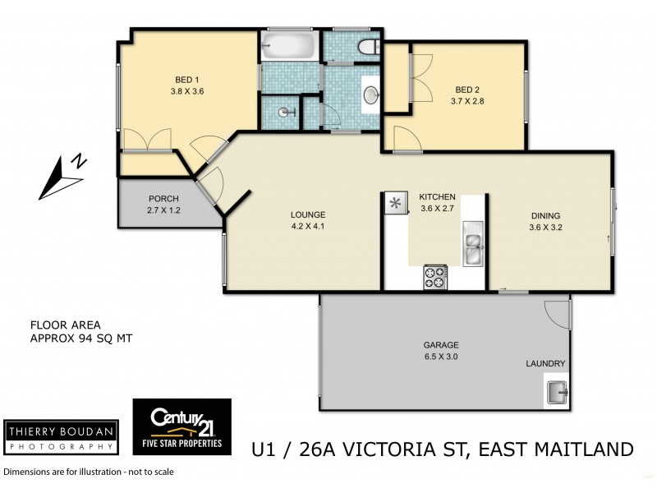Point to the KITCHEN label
coord(437,198)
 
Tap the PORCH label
coord(163,199)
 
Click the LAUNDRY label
coord(545,363)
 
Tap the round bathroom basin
coord(370,95)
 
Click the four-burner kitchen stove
coord(434,277)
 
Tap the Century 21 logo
coord(181,426)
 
